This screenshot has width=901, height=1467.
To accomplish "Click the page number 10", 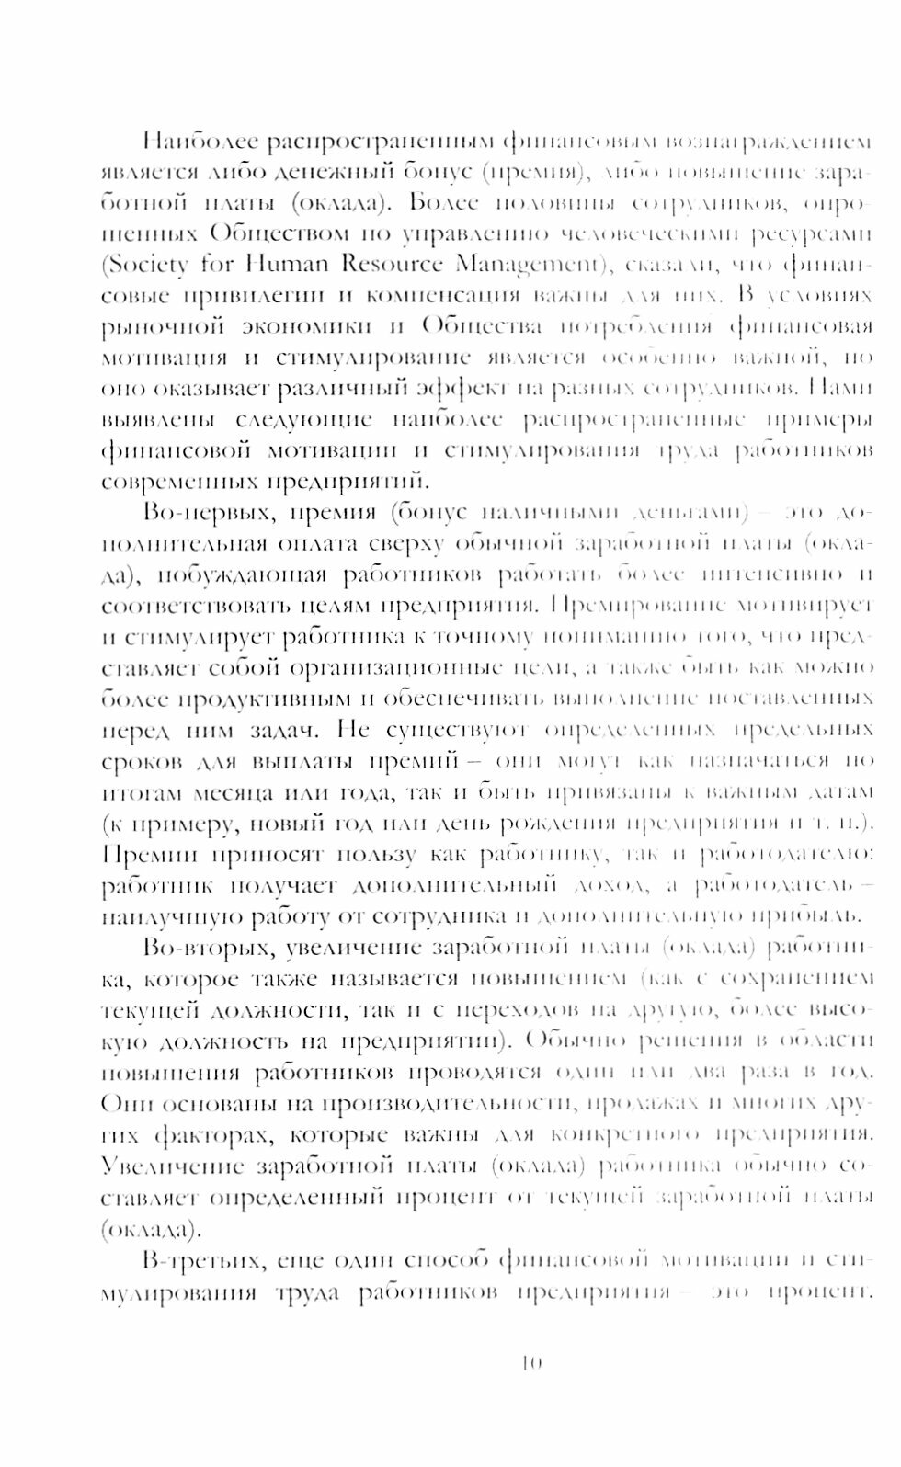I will pos(531,1362).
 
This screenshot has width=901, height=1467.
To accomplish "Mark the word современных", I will pos(179,482).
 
